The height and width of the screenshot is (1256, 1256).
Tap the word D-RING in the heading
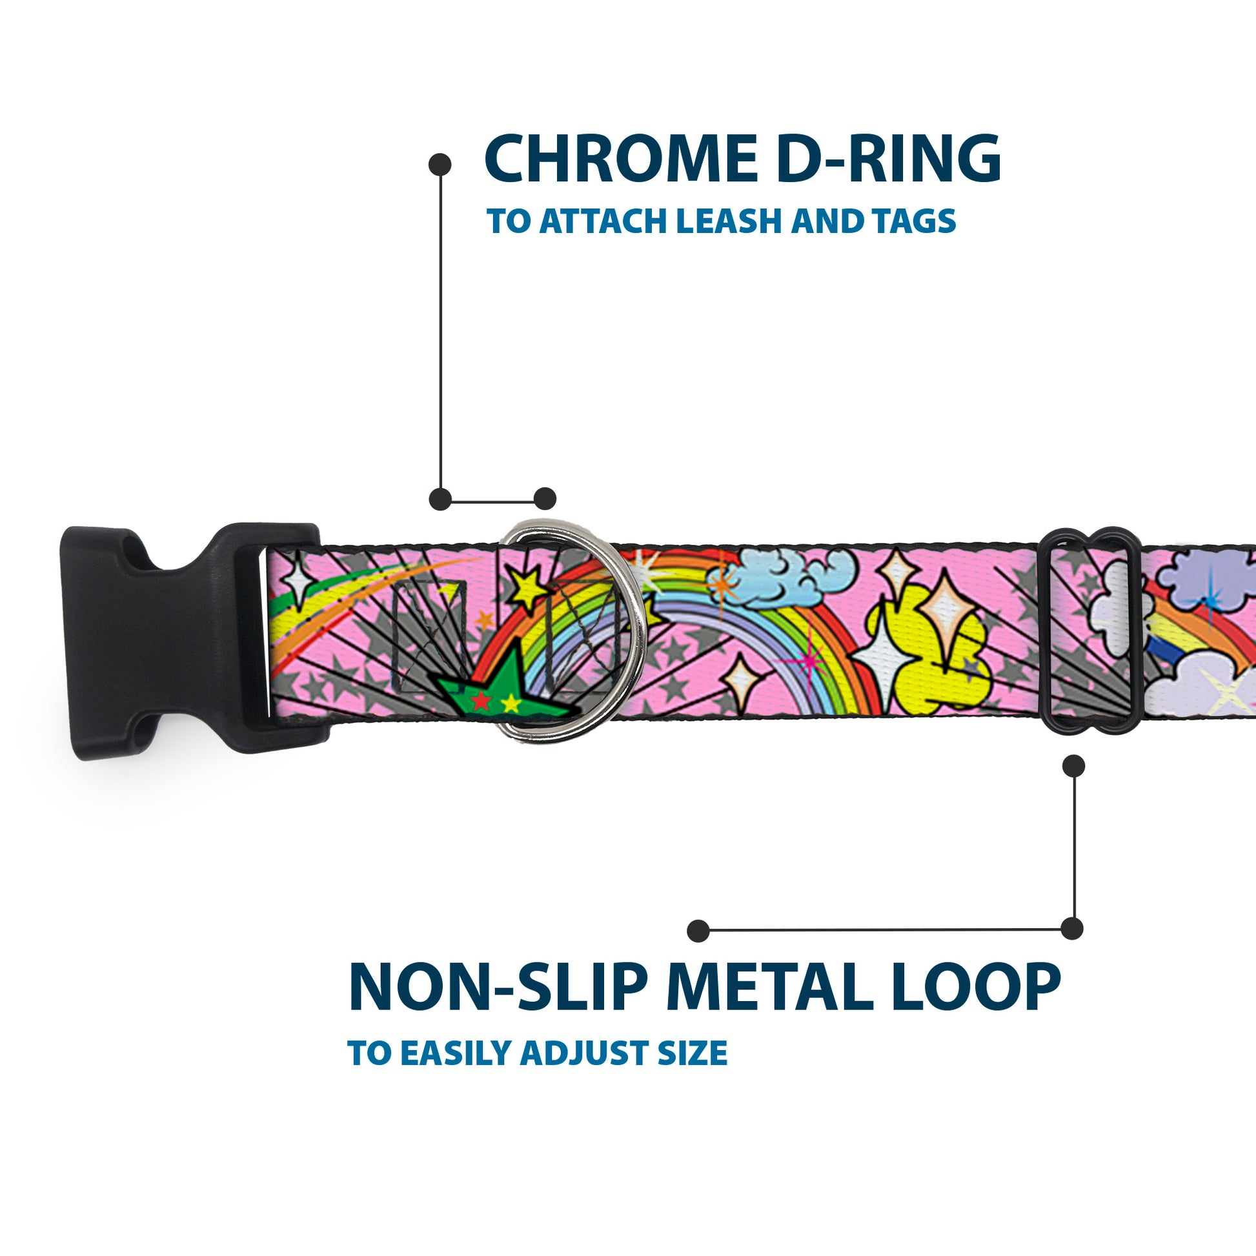tap(887, 160)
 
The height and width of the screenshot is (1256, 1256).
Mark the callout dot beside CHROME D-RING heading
tap(440, 164)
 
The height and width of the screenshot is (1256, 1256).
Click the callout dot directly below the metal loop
tap(1073, 766)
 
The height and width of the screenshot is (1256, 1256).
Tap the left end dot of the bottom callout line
tap(698, 930)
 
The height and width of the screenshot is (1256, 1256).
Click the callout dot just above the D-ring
tap(545, 499)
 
